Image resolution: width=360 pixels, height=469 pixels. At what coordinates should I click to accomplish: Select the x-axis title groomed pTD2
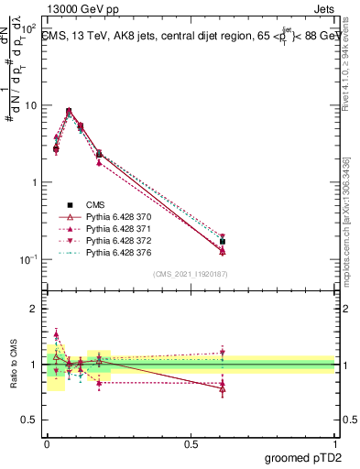pos(305,457)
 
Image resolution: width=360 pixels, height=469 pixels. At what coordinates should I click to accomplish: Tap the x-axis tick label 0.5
pos(191,442)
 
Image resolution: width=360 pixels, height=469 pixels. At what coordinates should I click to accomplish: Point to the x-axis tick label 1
pos(335,442)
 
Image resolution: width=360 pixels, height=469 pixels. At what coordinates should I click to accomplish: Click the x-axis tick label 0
pos(47,442)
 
